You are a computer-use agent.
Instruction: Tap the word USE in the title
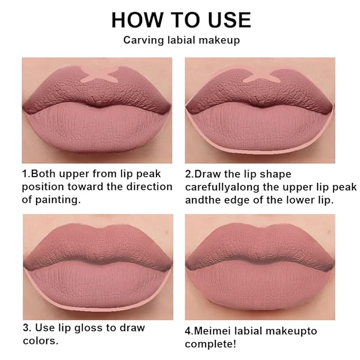224,20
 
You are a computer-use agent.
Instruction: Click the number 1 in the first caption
24,173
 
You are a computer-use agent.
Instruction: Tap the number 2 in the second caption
188,173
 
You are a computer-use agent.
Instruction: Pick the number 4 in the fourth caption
188,331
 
